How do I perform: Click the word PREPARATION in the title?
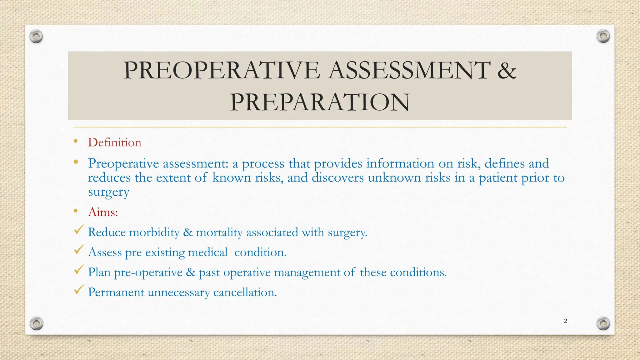click(x=319, y=102)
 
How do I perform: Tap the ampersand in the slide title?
click(x=507, y=70)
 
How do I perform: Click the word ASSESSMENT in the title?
click(x=409, y=70)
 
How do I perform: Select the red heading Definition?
click(x=114, y=142)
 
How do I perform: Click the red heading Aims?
click(x=103, y=212)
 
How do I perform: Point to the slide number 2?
click(x=565, y=321)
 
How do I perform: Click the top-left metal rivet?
click(x=36, y=37)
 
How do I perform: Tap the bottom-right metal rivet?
click(x=603, y=323)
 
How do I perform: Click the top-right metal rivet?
click(x=603, y=36)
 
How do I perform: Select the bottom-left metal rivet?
click(x=37, y=323)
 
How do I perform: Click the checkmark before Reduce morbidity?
click(x=79, y=230)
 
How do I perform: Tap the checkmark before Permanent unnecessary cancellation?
click(x=79, y=290)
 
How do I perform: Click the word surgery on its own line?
click(x=108, y=192)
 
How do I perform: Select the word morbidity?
click(x=154, y=232)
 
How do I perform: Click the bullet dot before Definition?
click(x=76, y=141)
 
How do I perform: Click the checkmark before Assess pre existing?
click(x=79, y=250)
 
